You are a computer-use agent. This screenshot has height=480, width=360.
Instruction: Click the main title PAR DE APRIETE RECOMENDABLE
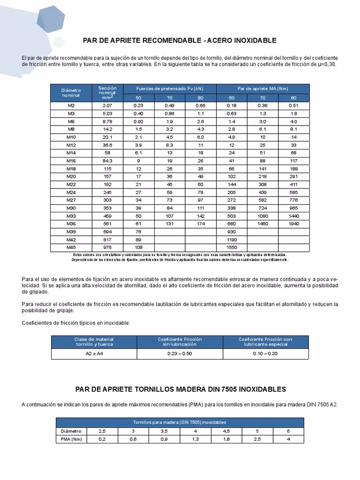click(180, 40)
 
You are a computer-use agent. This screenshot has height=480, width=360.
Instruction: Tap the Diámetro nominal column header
click(71, 92)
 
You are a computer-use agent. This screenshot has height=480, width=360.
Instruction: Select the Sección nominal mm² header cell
click(107, 92)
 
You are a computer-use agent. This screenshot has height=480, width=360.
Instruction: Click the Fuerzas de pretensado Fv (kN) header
click(169, 88)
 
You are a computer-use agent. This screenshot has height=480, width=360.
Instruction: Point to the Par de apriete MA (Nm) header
click(262, 88)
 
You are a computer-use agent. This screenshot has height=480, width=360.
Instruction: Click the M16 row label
click(71, 160)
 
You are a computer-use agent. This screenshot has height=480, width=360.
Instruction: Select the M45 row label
click(71, 247)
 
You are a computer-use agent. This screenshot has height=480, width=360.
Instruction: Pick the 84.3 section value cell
click(107, 160)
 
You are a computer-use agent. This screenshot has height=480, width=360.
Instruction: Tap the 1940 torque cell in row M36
click(293, 224)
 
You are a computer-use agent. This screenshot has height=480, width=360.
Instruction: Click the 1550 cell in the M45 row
click(232, 247)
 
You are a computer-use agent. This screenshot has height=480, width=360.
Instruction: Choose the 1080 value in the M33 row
click(262, 216)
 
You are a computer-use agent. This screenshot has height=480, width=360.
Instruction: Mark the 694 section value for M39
click(107, 232)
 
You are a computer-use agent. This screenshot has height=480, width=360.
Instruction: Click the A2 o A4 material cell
click(94, 353)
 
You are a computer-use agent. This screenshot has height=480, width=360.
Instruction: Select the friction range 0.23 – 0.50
click(180, 353)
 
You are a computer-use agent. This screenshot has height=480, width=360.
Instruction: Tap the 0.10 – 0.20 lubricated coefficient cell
click(265, 353)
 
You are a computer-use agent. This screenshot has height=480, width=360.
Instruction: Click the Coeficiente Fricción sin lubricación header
click(180, 342)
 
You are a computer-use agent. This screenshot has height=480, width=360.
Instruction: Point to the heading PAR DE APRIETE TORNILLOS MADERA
click(180, 390)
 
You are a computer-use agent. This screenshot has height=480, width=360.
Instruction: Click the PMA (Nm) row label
click(71, 439)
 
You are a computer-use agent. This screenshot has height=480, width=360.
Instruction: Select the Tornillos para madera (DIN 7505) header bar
click(180, 422)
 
